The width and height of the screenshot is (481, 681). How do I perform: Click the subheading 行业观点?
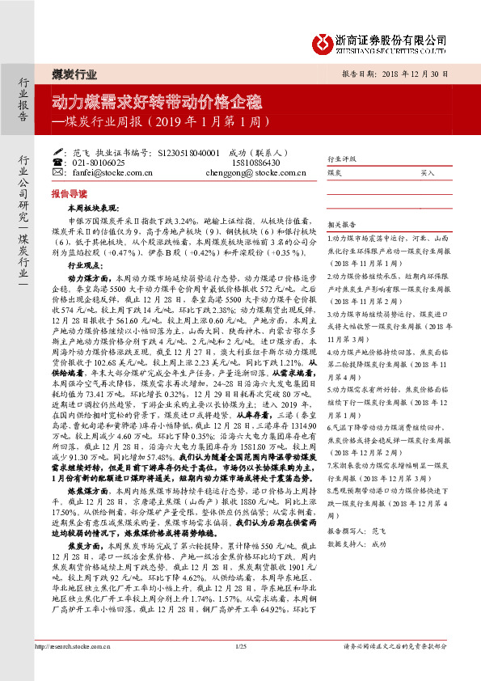click(x=86, y=265)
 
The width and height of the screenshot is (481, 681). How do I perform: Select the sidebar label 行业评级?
click(x=340, y=159)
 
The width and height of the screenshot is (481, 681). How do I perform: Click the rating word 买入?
click(x=428, y=173)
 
